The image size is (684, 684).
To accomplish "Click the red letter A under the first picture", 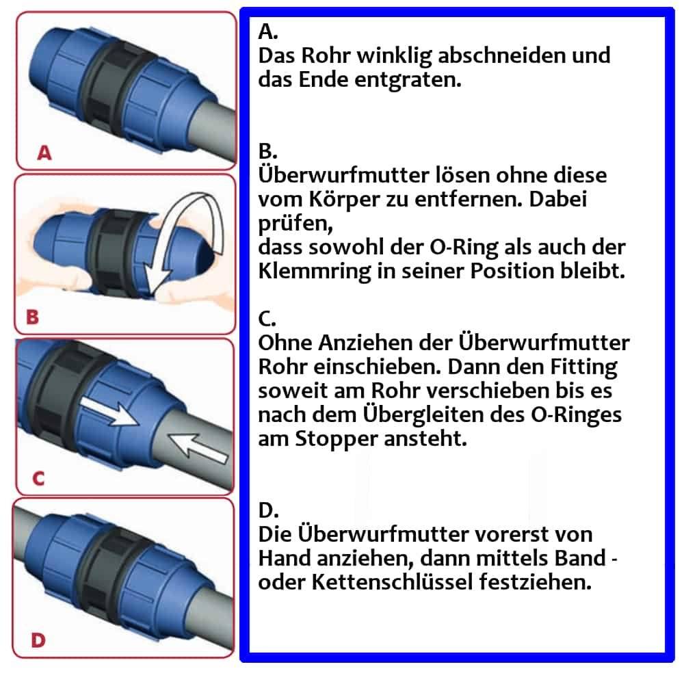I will click(44, 153).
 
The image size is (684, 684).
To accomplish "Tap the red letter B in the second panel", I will click(32, 317).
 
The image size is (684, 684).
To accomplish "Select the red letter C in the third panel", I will click(38, 478).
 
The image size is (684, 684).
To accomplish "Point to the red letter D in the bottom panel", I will click(38, 640).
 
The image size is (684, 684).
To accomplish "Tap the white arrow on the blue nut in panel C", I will click(105, 415).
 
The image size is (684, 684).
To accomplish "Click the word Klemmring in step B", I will click(311, 271).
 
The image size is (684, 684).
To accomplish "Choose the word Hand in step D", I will click(285, 558).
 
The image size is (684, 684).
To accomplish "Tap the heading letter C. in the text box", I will click(267, 319).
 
